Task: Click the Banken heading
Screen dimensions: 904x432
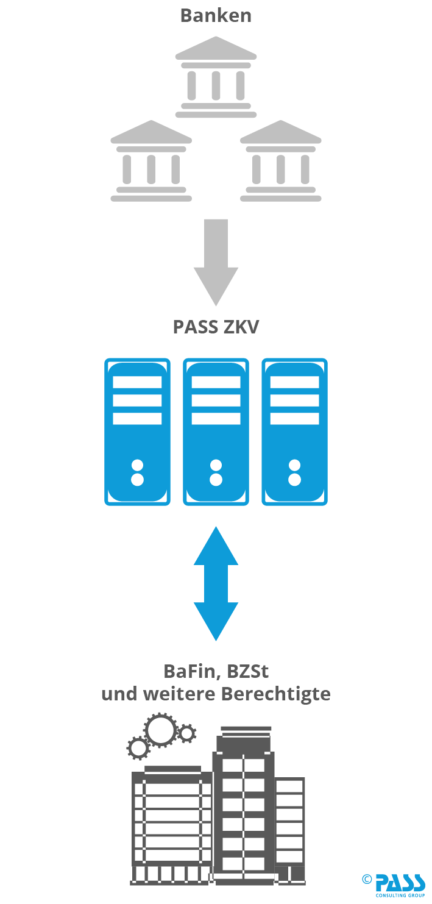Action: pos(216,15)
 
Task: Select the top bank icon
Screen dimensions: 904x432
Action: pos(216,77)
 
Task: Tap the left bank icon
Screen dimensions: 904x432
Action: pos(151,161)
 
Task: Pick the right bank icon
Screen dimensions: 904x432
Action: pos(280,161)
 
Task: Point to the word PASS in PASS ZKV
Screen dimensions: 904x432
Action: pos(194,327)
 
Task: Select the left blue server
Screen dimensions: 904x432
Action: pos(137,432)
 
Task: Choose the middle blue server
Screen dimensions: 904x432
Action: pos(216,432)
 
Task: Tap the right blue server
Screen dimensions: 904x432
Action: pos(294,432)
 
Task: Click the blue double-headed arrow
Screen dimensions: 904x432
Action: pos(216,583)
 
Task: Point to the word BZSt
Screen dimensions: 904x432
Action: pos(248,671)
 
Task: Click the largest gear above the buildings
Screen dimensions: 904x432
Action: pos(161,730)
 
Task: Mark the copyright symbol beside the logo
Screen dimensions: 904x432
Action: pos(367,878)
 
